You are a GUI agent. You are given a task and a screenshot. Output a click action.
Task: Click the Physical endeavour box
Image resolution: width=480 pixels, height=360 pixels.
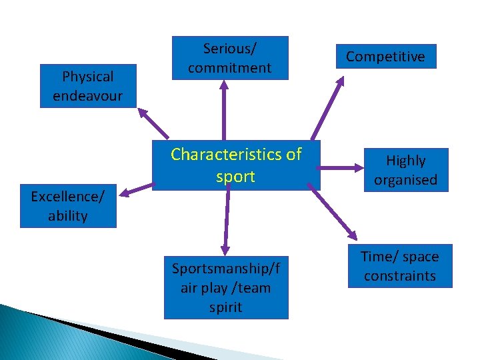88,86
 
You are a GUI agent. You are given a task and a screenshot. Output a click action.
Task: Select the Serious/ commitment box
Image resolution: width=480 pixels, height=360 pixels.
229,58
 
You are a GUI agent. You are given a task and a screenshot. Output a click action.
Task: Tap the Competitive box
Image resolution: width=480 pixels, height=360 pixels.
385,57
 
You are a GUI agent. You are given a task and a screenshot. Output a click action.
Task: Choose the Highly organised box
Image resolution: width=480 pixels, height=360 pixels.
405,170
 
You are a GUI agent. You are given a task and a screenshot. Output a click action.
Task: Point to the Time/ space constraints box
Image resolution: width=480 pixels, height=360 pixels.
400,266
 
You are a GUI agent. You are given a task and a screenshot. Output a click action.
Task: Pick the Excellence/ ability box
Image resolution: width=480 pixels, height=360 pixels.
68,206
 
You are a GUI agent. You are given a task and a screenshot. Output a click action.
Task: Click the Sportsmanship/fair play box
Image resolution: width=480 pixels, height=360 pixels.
226,287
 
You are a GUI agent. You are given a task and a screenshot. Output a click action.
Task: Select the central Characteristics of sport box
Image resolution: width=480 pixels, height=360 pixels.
236,165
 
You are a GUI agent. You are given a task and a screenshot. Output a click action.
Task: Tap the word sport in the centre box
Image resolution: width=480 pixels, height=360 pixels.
236,177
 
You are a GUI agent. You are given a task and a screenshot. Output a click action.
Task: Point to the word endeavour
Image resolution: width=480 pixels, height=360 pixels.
88,95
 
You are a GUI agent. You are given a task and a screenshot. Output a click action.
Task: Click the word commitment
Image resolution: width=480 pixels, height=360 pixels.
229,67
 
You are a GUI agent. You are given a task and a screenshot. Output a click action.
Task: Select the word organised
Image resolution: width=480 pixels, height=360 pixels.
405,179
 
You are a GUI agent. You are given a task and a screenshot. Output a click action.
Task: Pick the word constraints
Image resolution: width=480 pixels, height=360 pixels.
400,275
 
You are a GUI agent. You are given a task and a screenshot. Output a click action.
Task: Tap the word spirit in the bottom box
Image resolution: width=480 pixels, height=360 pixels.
226,307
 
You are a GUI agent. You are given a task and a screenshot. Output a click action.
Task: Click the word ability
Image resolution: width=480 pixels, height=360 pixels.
68,216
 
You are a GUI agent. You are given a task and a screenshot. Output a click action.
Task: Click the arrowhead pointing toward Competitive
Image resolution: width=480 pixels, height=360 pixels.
340,81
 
